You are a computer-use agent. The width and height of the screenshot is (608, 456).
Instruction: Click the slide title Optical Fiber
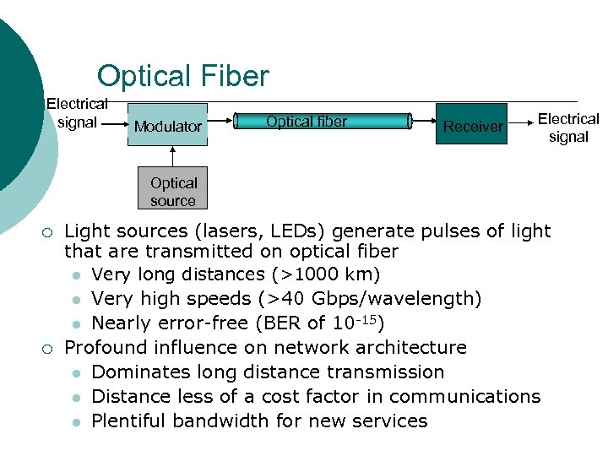pos(182,76)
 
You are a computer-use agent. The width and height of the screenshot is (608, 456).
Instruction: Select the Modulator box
pos(167,125)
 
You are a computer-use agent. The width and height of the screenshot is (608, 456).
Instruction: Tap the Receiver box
pos(472,125)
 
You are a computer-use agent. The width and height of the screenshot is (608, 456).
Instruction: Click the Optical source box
pos(173,192)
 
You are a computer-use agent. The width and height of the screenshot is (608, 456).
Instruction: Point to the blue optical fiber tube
pos(324,122)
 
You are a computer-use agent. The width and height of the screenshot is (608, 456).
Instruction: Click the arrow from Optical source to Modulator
pos(173,158)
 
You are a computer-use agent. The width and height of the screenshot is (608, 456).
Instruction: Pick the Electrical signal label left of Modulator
pos(77,113)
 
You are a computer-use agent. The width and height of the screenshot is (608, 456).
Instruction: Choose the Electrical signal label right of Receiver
pos(567,128)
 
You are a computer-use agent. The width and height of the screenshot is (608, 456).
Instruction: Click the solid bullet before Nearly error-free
pos(76,324)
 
